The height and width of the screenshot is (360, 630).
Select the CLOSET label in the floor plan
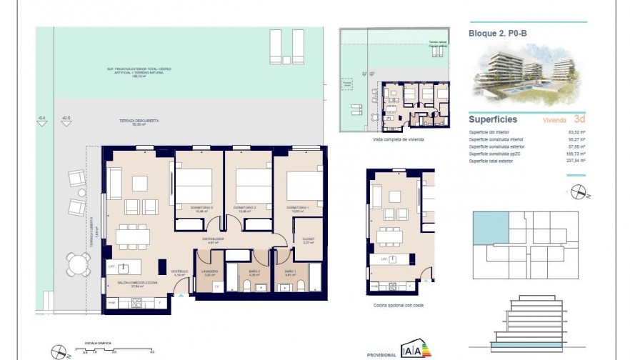point(309,239)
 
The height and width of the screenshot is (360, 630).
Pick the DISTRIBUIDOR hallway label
point(212,239)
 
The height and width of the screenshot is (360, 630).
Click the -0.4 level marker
point(41,118)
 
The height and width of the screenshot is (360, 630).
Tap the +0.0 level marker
point(66,118)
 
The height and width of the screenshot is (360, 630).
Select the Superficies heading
point(493,119)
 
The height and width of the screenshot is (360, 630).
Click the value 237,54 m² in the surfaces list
point(574,161)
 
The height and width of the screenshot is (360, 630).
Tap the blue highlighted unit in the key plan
point(490,226)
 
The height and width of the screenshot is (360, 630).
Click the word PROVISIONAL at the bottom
point(381,354)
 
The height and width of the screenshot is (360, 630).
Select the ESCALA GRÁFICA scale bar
point(114,349)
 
